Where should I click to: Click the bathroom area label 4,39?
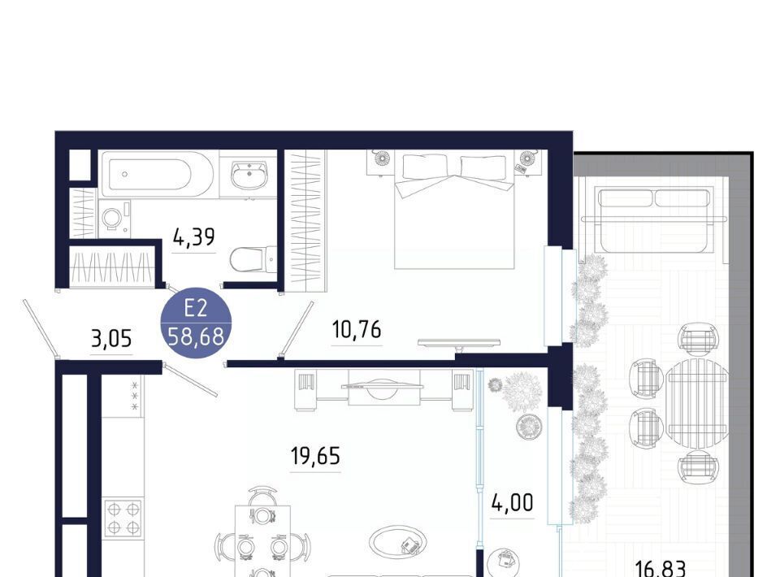(193, 236)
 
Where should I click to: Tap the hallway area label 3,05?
(111, 339)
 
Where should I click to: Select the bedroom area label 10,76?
(357, 329)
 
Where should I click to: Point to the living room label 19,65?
(315, 456)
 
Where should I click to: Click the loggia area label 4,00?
(512, 502)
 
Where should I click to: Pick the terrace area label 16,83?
(661, 567)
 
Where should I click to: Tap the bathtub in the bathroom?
(158, 175)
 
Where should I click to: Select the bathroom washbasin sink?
(249, 176)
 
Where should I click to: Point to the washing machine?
(115, 219)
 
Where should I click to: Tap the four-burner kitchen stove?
(123, 518)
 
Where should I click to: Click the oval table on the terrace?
(697, 405)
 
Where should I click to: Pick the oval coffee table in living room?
(398, 543)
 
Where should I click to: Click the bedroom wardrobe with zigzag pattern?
(305, 221)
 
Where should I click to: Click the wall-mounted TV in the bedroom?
(459, 343)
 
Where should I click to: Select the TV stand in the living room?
(383, 389)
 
